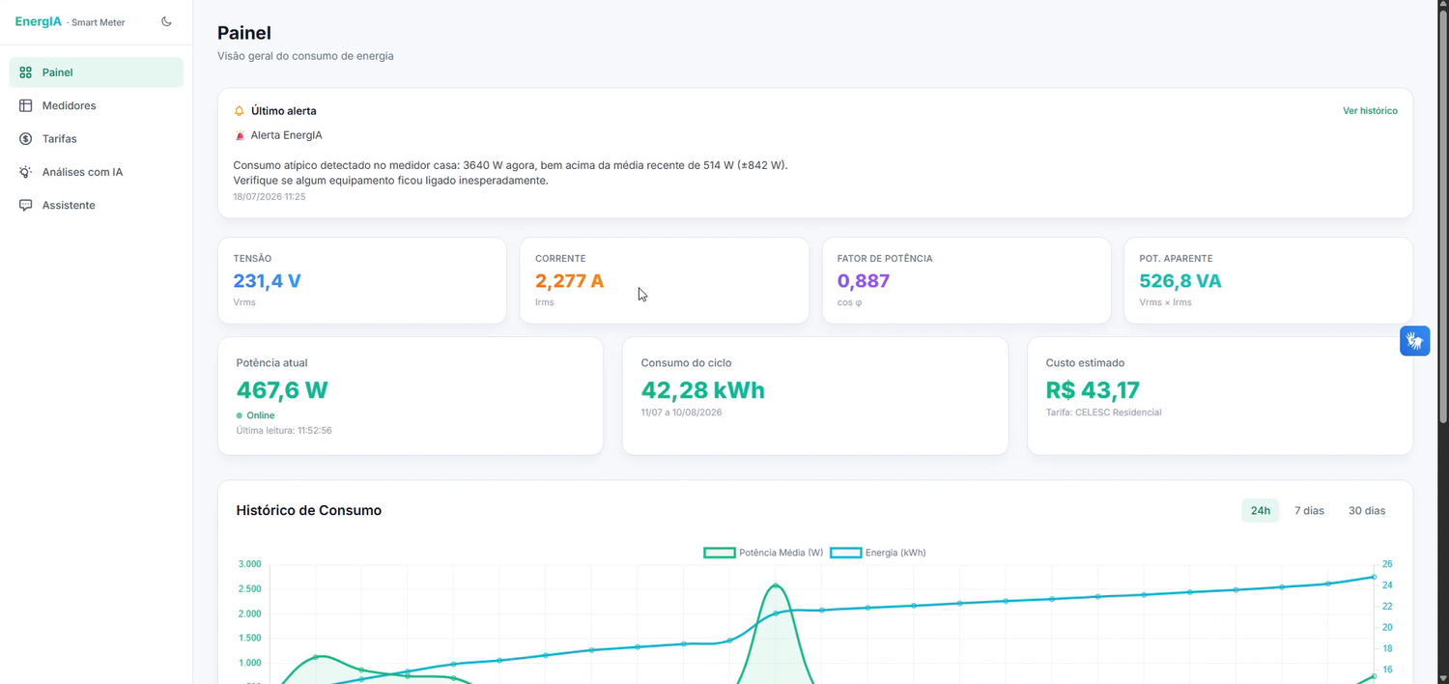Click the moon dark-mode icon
166,21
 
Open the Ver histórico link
1370,111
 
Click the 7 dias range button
1309,510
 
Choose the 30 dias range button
1366,510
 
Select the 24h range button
1260,510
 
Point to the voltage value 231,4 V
267,281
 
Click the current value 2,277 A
569,281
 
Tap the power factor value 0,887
863,281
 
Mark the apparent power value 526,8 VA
1179,281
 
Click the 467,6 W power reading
282,390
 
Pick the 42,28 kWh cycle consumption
702,390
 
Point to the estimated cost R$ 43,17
1093,390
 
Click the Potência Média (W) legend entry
763,553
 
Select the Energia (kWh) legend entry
878,553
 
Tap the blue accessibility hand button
1415,341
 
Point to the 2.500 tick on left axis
249,589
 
